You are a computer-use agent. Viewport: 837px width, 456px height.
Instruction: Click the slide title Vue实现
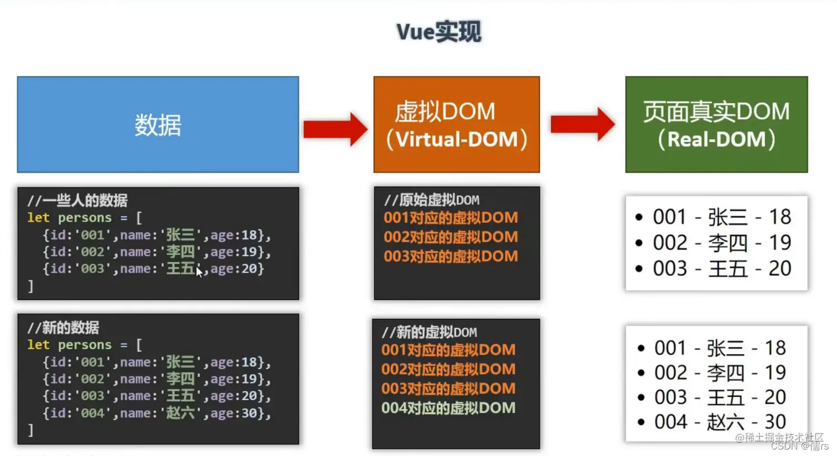point(438,32)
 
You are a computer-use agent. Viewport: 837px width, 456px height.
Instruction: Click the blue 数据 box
point(158,125)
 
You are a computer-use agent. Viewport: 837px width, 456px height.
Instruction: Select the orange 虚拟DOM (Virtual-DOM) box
point(456,125)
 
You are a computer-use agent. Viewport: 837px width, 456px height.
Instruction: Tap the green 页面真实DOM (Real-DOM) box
point(716,125)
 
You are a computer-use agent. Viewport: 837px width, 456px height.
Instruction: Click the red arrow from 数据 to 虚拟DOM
point(335,129)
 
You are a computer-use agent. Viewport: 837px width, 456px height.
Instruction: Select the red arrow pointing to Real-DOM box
point(582,124)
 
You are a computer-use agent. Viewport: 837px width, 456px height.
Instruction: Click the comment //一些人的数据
point(77,200)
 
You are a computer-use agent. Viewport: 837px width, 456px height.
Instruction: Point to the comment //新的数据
point(63,328)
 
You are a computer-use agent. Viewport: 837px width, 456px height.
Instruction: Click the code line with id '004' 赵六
point(157,413)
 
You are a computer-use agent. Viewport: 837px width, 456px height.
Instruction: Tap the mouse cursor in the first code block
point(199,271)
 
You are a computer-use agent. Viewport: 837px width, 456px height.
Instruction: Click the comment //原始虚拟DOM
point(432,200)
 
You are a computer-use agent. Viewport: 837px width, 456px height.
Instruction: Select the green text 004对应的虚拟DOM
point(448,408)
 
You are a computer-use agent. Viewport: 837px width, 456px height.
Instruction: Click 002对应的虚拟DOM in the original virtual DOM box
point(451,237)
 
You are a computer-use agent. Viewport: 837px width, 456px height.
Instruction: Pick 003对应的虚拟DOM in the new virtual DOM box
point(448,389)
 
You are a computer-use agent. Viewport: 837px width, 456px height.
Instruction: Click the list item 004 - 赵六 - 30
point(720,422)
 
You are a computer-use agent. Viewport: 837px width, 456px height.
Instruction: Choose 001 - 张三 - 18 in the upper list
point(722,217)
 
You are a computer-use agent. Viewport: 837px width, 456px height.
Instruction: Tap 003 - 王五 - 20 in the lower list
point(720,397)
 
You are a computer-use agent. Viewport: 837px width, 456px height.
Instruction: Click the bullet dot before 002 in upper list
point(639,243)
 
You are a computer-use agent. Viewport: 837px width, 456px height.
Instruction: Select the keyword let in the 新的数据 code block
point(38,345)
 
